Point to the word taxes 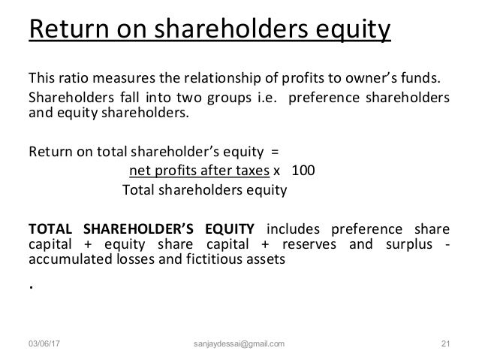251,170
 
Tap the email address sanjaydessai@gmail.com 239,345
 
